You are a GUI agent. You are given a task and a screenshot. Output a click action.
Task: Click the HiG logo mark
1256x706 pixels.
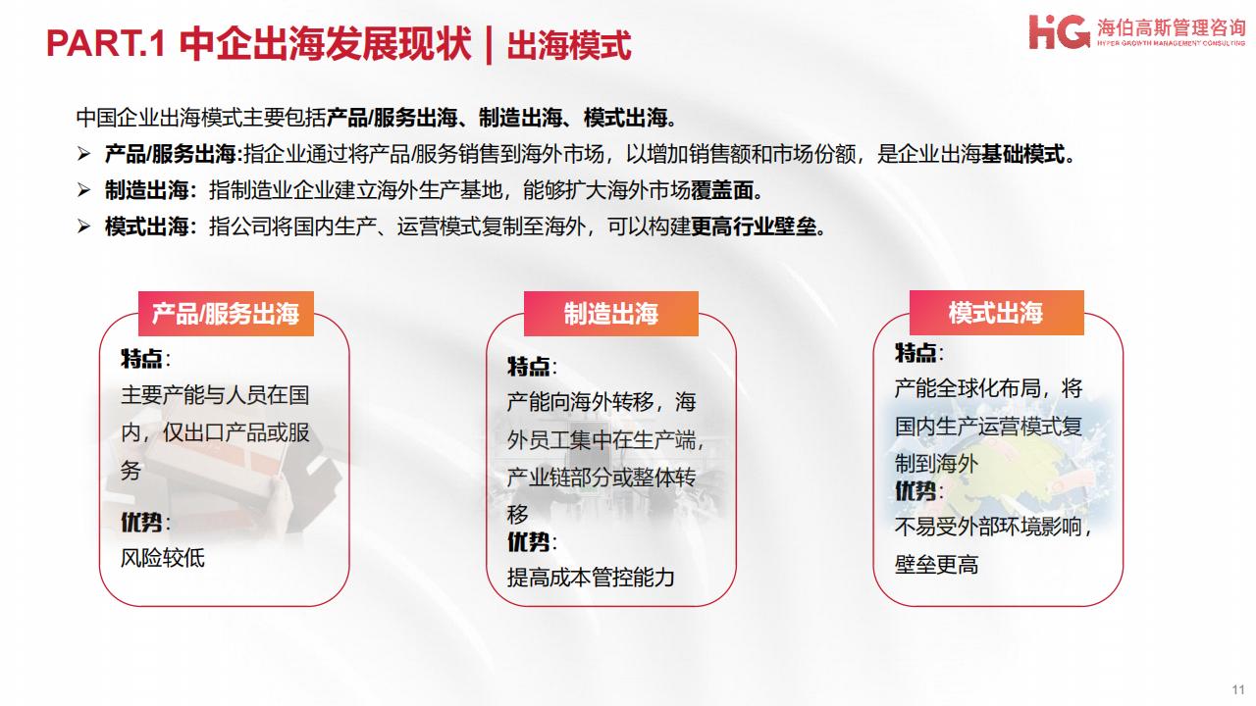(x=1059, y=32)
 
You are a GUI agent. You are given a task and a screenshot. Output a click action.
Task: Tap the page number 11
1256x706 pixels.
(x=1238, y=689)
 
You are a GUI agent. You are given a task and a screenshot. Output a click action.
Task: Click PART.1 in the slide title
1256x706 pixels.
(x=105, y=43)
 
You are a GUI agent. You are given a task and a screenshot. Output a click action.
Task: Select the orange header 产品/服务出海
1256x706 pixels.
(x=226, y=314)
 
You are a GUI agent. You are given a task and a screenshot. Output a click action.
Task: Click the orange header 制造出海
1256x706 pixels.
(x=611, y=314)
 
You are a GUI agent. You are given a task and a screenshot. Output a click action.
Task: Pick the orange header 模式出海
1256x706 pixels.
(x=996, y=313)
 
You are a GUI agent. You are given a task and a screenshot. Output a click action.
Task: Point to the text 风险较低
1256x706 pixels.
(x=163, y=558)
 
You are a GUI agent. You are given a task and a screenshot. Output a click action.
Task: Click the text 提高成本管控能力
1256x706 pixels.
(x=591, y=578)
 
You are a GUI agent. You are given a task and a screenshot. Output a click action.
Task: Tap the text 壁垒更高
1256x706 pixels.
(x=936, y=564)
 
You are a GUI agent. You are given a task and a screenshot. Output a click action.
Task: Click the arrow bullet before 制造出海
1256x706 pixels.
(x=83, y=190)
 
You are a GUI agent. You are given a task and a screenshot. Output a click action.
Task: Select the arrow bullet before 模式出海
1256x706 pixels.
(x=83, y=227)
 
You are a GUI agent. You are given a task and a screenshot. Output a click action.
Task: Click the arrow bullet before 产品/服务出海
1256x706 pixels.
(x=83, y=154)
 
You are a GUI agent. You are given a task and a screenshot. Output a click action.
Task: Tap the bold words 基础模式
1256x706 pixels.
(x=1022, y=154)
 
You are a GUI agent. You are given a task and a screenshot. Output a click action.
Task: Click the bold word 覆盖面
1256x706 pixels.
(x=722, y=190)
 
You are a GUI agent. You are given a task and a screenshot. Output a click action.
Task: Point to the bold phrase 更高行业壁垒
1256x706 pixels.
(x=754, y=227)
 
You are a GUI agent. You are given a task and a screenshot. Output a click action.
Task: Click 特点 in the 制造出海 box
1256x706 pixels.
(x=528, y=367)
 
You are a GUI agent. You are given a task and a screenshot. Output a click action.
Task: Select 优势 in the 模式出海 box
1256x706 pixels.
(x=916, y=491)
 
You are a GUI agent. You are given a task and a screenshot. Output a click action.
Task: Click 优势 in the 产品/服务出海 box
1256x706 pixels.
(x=141, y=523)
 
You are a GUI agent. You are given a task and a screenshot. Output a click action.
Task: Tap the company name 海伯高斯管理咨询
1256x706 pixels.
(x=1171, y=26)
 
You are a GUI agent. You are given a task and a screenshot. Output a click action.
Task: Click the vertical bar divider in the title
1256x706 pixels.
(x=489, y=45)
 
